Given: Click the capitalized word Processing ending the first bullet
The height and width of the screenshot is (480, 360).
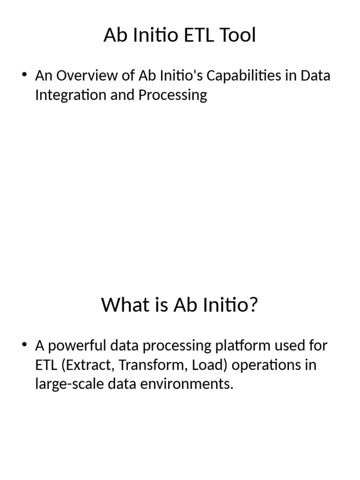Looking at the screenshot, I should pos(172,95).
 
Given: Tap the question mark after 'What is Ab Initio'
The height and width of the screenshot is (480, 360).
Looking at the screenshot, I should pos(254,306).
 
